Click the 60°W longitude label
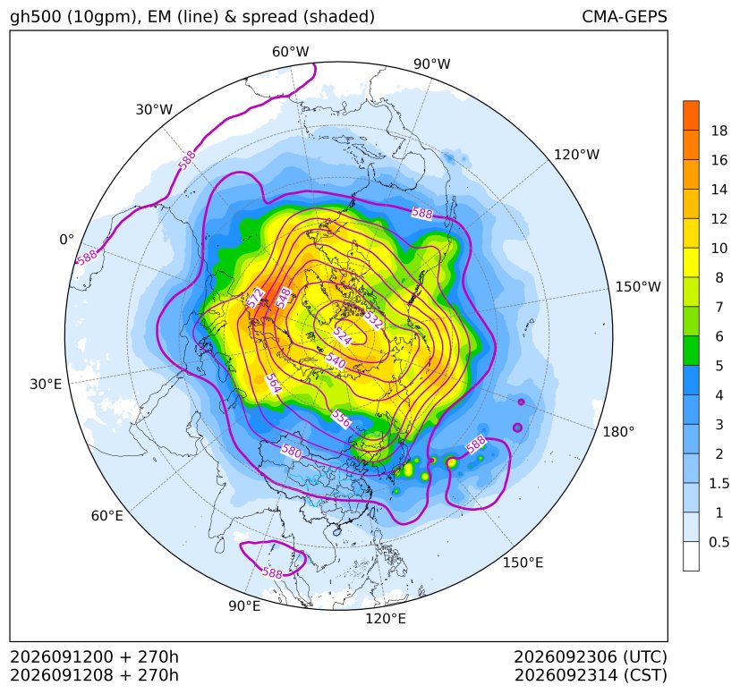[290, 52]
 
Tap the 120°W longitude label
[577, 155]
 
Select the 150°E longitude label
[523, 563]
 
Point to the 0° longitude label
[66, 240]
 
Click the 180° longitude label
[618, 432]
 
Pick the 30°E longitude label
[46, 384]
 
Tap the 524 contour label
[342, 335]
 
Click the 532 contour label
[372, 319]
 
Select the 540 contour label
[336, 361]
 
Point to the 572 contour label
[255, 298]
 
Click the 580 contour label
[291, 451]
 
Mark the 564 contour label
[273, 383]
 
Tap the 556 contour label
[341, 418]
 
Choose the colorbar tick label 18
[719, 131]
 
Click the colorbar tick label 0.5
[719, 542]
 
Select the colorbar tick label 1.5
[719, 483]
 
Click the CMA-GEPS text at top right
[625, 16]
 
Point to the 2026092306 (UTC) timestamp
[591, 656]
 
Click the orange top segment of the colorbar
[691, 115]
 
